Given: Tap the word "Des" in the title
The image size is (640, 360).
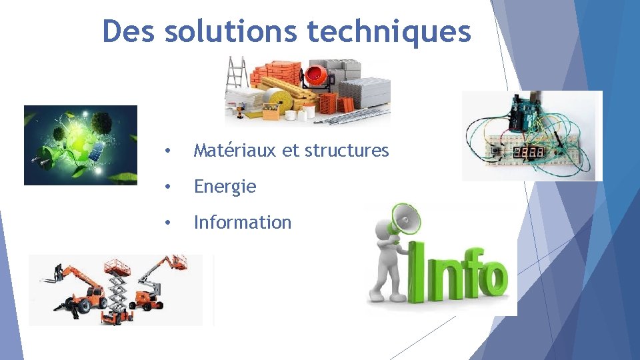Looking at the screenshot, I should (x=129, y=31).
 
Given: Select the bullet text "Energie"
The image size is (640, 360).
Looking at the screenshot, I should (x=225, y=187).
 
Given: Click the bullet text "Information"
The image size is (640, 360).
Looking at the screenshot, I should (x=242, y=222).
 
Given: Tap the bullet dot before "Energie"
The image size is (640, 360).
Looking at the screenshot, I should (x=171, y=187).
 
